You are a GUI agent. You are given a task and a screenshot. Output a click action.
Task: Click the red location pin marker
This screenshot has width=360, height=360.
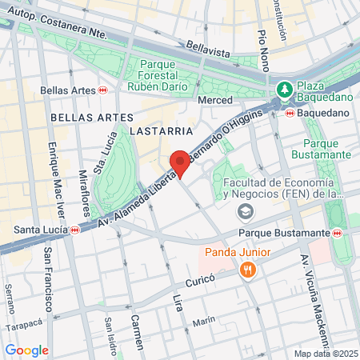pyautogui.click(x=181, y=162)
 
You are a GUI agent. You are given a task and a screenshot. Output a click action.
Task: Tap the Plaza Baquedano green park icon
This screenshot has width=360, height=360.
pyautogui.click(x=283, y=90)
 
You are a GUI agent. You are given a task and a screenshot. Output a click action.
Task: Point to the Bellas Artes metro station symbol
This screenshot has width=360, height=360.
pyautogui.click(x=102, y=90)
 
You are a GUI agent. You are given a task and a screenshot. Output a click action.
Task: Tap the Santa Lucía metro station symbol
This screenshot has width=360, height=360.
pyautogui.click(x=74, y=230)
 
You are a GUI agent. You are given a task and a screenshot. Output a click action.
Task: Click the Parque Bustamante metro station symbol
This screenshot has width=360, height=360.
pyautogui.click(x=338, y=233)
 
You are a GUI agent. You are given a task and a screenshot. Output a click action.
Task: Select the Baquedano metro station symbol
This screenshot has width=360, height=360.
pyautogui.click(x=289, y=113)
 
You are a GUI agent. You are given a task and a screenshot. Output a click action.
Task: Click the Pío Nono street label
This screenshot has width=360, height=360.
pyautogui.click(x=263, y=47)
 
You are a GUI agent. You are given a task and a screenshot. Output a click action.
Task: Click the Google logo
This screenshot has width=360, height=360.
pyautogui.click(x=26, y=350)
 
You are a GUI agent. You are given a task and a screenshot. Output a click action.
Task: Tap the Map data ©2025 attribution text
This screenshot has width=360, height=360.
pyautogui.click(x=323, y=354)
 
